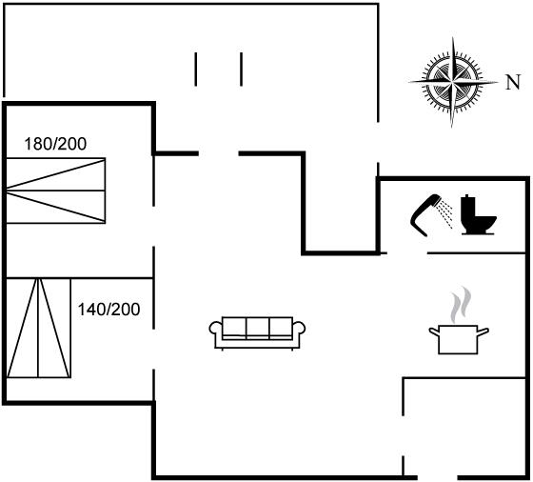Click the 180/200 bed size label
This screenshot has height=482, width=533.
[x=55, y=144]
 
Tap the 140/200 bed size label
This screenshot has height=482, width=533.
[x=109, y=310]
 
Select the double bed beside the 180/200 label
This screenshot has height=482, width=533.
[x=56, y=191]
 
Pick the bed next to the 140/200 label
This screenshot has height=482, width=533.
[x=39, y=328]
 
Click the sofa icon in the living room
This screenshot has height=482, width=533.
[x=257, y=333]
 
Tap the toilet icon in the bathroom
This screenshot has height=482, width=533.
[x=478, y=214]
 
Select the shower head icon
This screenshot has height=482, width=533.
[x=424, y=215]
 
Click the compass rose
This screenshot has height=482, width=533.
[x=452, y=82]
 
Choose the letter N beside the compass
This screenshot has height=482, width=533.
[x=513, y=82]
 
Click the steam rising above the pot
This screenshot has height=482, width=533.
[x=461, y=305]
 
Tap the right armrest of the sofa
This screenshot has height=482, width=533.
[x=299, y=329]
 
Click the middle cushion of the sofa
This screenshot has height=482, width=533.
[x=257, y=328]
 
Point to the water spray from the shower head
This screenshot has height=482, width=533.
[x=445, y=213]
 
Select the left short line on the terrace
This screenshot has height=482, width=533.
[x=195, y=69]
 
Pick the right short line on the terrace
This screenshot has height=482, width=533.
[x=241, y=69]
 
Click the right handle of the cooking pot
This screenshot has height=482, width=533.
[x=484, y=331]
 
